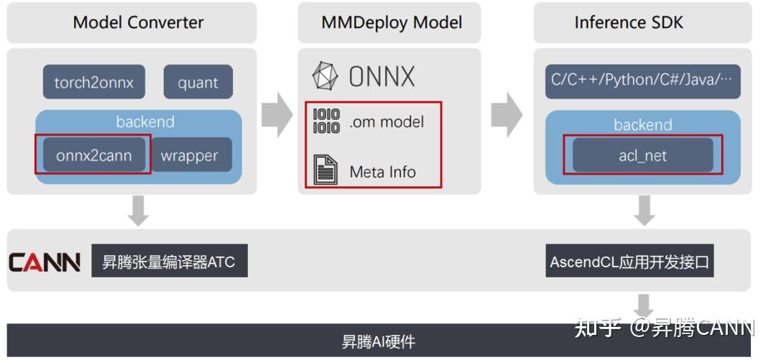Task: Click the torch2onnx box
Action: (93, 83)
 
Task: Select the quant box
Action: (198, 83)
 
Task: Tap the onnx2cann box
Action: (93, 155)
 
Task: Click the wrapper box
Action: (189, 155)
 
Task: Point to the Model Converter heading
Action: (138, 22)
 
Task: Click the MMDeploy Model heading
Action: (392, 22)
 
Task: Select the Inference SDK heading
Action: (629, 22)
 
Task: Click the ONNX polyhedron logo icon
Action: (325, 76)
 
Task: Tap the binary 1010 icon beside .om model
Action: (326, 121)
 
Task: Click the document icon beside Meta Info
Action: (325, 170)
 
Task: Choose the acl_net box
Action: (642, 155)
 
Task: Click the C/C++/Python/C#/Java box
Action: (642, 80)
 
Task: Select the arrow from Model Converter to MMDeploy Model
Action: (277, 114)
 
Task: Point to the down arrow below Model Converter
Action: (139, 210)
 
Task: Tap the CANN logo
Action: (45, 262)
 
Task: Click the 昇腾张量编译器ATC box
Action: (169, 262)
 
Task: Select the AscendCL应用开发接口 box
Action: (629, 262)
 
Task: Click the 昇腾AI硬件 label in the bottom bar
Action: (379, 342)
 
